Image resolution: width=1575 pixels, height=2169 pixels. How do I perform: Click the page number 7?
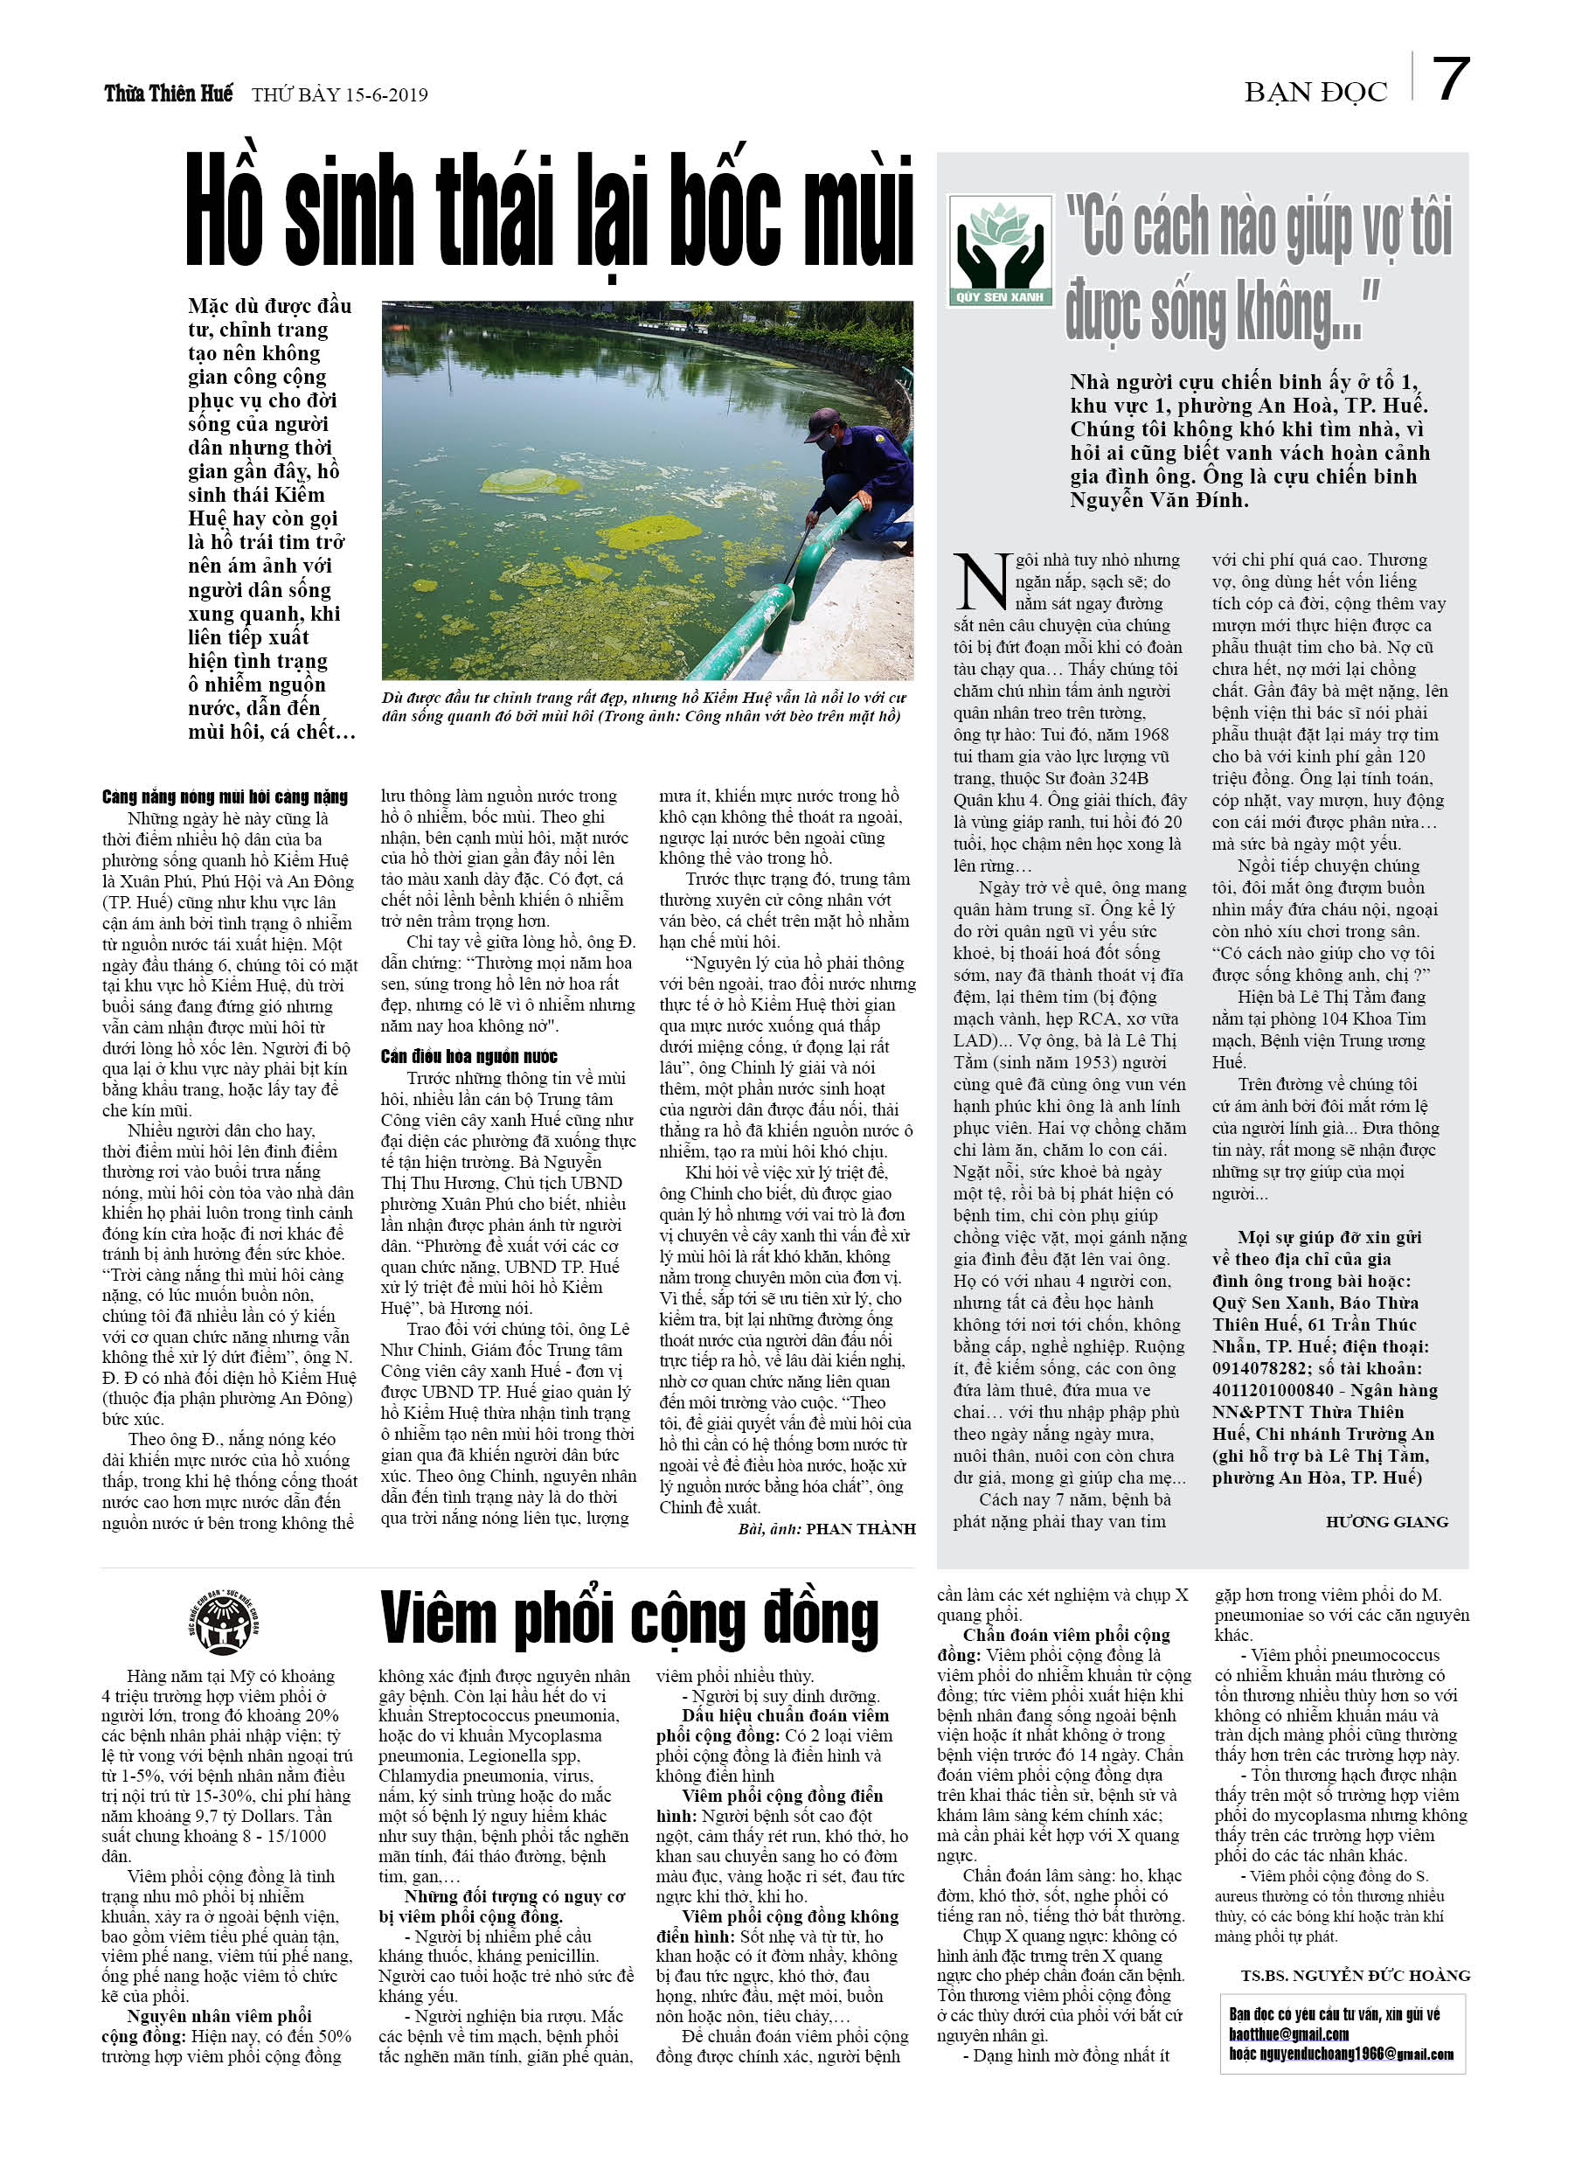[x=1450, y=80]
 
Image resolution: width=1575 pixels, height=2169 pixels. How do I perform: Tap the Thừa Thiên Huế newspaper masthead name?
[x=169, y=94]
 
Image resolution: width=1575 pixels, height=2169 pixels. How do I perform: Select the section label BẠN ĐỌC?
[x=1315, y=93]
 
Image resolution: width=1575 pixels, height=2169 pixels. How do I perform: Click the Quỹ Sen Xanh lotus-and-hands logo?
[x=999, y=250]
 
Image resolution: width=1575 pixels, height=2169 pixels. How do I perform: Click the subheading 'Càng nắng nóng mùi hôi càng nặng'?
[x=225, y=796]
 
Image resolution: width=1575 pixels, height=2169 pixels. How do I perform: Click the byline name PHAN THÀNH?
[x=861, y=1528]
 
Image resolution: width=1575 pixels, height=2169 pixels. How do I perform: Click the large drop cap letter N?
[x=982, y=582]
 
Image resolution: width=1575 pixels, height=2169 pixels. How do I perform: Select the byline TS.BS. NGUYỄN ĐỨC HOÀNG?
[x=1355, y=1975]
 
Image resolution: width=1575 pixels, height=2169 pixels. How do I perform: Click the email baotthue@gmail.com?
[x=1288, y=2034]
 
